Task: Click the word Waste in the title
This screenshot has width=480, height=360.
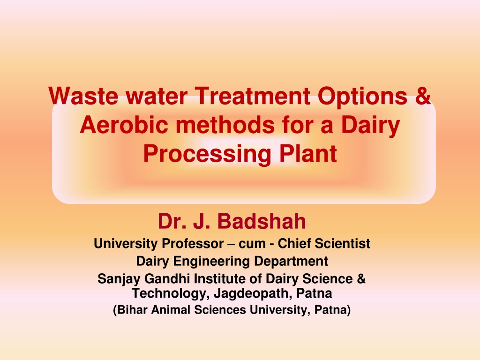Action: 83,96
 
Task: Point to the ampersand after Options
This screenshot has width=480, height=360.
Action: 423,96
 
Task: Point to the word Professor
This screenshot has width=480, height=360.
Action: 193,244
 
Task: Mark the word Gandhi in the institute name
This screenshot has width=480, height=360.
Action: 167,279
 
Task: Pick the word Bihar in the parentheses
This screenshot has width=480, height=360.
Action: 130,310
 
